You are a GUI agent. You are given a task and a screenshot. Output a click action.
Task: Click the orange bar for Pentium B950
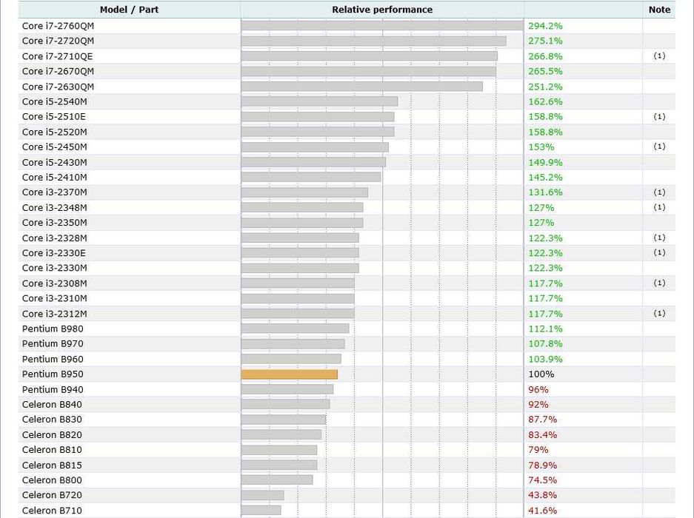289,374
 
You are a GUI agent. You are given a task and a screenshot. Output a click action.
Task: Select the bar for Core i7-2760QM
381,26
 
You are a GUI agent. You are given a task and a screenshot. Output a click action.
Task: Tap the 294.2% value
545,26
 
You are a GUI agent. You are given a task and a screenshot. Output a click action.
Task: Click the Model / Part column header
129,10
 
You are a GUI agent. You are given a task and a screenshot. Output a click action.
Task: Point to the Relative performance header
382,10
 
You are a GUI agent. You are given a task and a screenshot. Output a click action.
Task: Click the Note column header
659,10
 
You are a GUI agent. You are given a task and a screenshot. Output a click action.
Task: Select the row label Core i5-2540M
55,101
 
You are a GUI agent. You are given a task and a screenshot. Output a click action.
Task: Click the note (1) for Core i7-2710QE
659,56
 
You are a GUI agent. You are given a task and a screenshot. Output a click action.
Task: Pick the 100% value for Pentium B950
541,374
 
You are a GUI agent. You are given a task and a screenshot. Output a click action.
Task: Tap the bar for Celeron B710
261,511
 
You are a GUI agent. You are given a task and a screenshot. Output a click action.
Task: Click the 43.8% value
542,495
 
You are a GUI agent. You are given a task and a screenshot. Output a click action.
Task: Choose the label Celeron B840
52,405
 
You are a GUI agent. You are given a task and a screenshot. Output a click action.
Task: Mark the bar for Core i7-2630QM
361,87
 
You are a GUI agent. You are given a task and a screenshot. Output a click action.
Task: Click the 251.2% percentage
545,87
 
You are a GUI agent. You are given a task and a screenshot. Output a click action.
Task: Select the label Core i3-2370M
55,192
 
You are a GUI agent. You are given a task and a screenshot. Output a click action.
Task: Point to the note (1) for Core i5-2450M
659,147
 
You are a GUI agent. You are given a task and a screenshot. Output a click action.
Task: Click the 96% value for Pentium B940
538,389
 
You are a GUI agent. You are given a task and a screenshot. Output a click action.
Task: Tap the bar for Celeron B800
277,480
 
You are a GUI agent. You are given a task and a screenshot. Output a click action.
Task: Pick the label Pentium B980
53,329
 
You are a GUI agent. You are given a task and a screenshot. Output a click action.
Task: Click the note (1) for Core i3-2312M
659,314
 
